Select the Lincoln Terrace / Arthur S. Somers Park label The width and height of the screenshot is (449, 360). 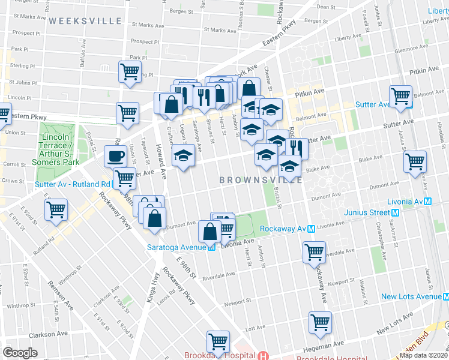tap(59, 149)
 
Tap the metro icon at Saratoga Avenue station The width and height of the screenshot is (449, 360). tap(211, 247)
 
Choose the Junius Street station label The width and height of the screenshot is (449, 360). tap(367, 212)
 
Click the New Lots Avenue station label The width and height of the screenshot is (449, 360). tap(411, 296)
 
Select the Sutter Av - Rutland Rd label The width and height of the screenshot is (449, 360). tap(73, 184)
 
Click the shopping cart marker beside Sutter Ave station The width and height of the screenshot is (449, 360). tap(400, 97)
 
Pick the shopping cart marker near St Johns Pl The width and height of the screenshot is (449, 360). tap(130, 73)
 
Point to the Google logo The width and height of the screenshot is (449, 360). tap(20, 353)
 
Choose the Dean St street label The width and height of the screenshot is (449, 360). tap(325, 7)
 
